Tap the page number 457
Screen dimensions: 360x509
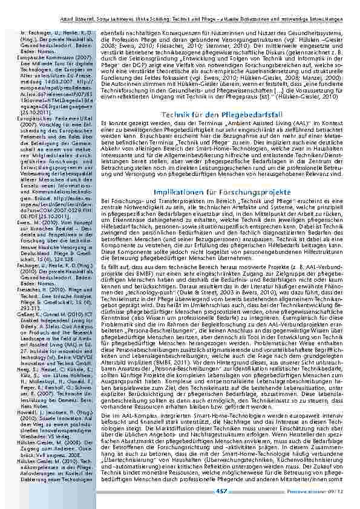tap(221, 490)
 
